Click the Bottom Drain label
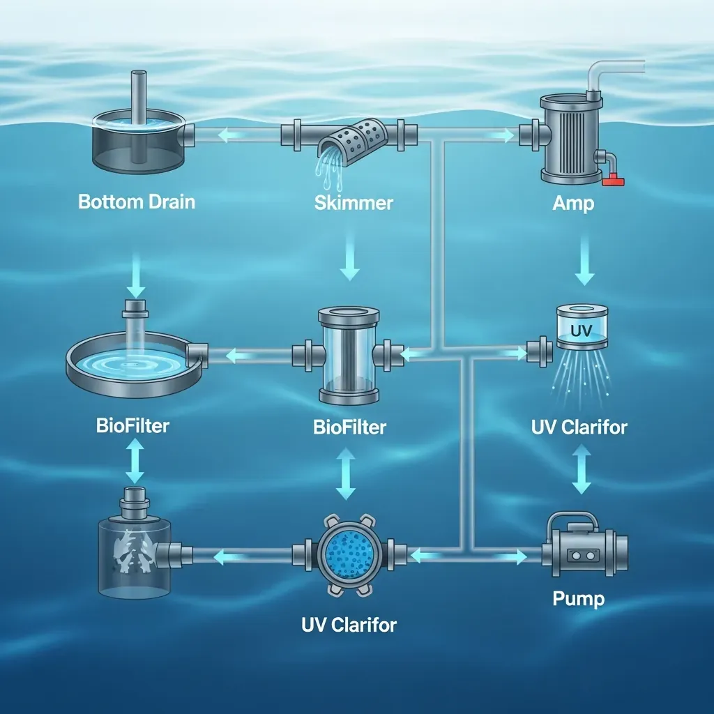[137, 202]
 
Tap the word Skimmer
[354, 203]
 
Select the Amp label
[573, 204]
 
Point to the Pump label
[578, 599]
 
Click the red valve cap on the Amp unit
[613, 180]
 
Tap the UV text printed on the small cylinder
[582, 330]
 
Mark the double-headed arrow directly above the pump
[582, 469]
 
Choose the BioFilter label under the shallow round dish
[132, 426]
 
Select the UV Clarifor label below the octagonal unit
[349, 625]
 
